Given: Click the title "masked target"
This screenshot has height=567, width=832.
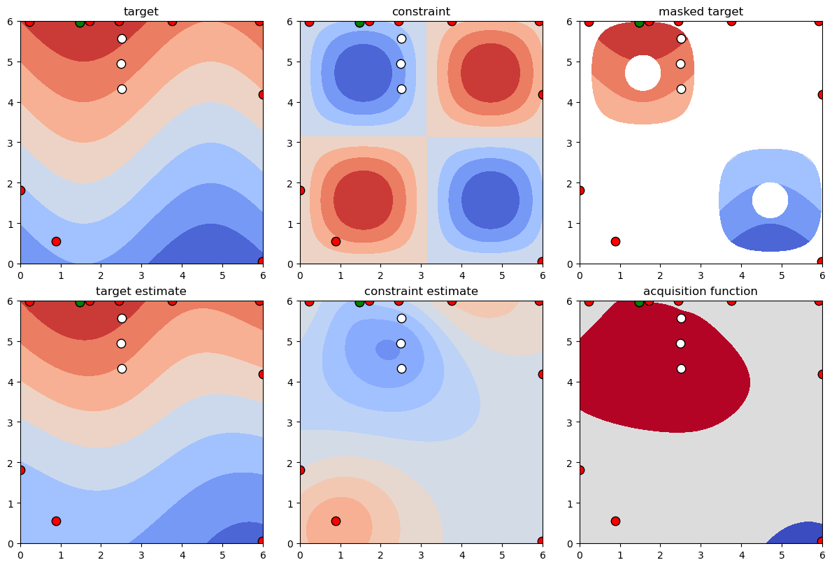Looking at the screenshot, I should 701,11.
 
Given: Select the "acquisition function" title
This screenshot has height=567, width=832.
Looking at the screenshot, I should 701,291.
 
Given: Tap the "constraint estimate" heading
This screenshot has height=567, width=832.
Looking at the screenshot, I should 421,291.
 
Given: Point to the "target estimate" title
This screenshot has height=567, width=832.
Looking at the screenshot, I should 141,291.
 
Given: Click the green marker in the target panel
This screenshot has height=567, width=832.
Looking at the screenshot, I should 80,22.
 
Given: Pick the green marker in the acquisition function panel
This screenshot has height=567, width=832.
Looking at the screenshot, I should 639,302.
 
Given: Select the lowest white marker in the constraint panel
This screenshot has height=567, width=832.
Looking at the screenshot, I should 401,89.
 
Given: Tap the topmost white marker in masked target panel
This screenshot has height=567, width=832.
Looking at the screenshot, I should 681,38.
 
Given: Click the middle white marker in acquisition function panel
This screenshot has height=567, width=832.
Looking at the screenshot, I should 681,343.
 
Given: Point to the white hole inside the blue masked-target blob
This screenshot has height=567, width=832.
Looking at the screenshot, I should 770,200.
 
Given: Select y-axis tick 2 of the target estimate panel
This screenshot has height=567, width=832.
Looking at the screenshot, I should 13,463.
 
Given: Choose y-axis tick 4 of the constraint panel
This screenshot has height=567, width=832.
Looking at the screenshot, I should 293,102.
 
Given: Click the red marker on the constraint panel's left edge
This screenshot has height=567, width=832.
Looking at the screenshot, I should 301,190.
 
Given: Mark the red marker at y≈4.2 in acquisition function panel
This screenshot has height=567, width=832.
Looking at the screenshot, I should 822,374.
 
